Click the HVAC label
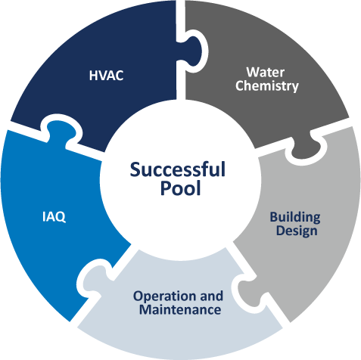point(106,76)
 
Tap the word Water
point(266,73)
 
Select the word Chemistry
point(267,86)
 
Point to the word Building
point(295,217)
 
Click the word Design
point(297,231)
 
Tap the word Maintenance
point(180,309)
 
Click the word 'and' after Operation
point(211,296)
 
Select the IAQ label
point(54,217)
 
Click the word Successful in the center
point(177,169)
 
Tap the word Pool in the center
point(181,188)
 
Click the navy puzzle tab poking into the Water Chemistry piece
point(194,51)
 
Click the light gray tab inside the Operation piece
point(248,290)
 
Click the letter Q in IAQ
point(61,217)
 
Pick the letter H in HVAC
point(93,76)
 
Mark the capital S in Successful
point(135,169)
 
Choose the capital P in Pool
point(166,188)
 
